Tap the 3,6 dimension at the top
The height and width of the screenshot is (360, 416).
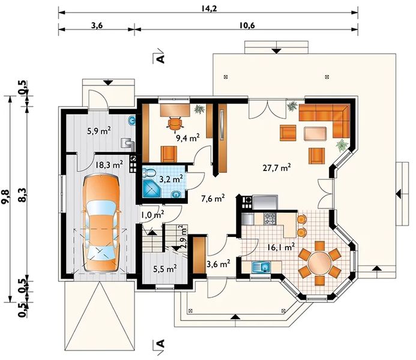click(96, 25)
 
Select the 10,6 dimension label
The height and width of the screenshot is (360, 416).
click(246, 25)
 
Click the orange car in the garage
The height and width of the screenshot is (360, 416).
click(101, 223)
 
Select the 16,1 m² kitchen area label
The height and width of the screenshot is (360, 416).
click(281, 246)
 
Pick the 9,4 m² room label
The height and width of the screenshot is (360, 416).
click(187, 137)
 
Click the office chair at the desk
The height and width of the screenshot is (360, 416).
click(175, 123)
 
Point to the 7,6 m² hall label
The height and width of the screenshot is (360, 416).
click(213, 197)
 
